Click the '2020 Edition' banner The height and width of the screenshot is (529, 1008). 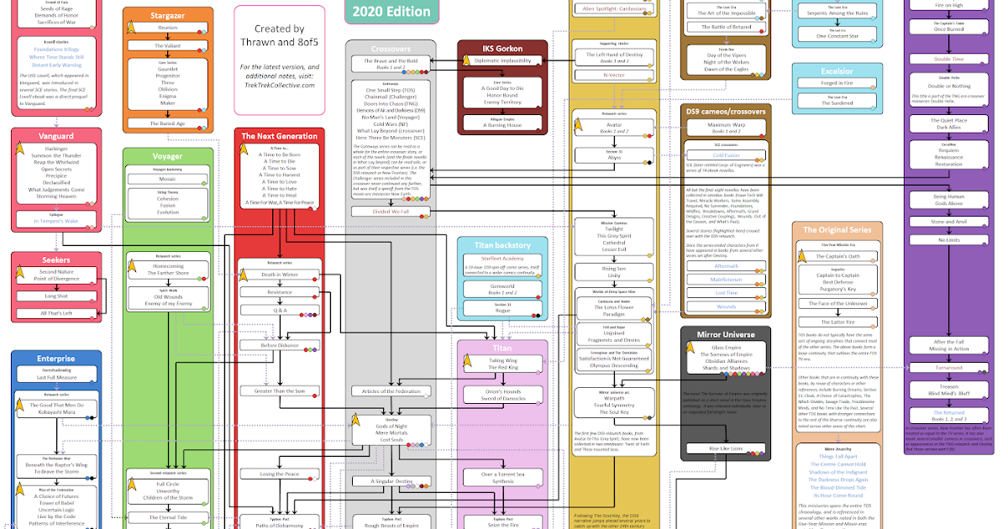coord(391,11)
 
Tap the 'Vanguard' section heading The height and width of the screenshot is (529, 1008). coord(56,135)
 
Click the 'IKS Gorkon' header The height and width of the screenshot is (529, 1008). coord(501,48)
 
